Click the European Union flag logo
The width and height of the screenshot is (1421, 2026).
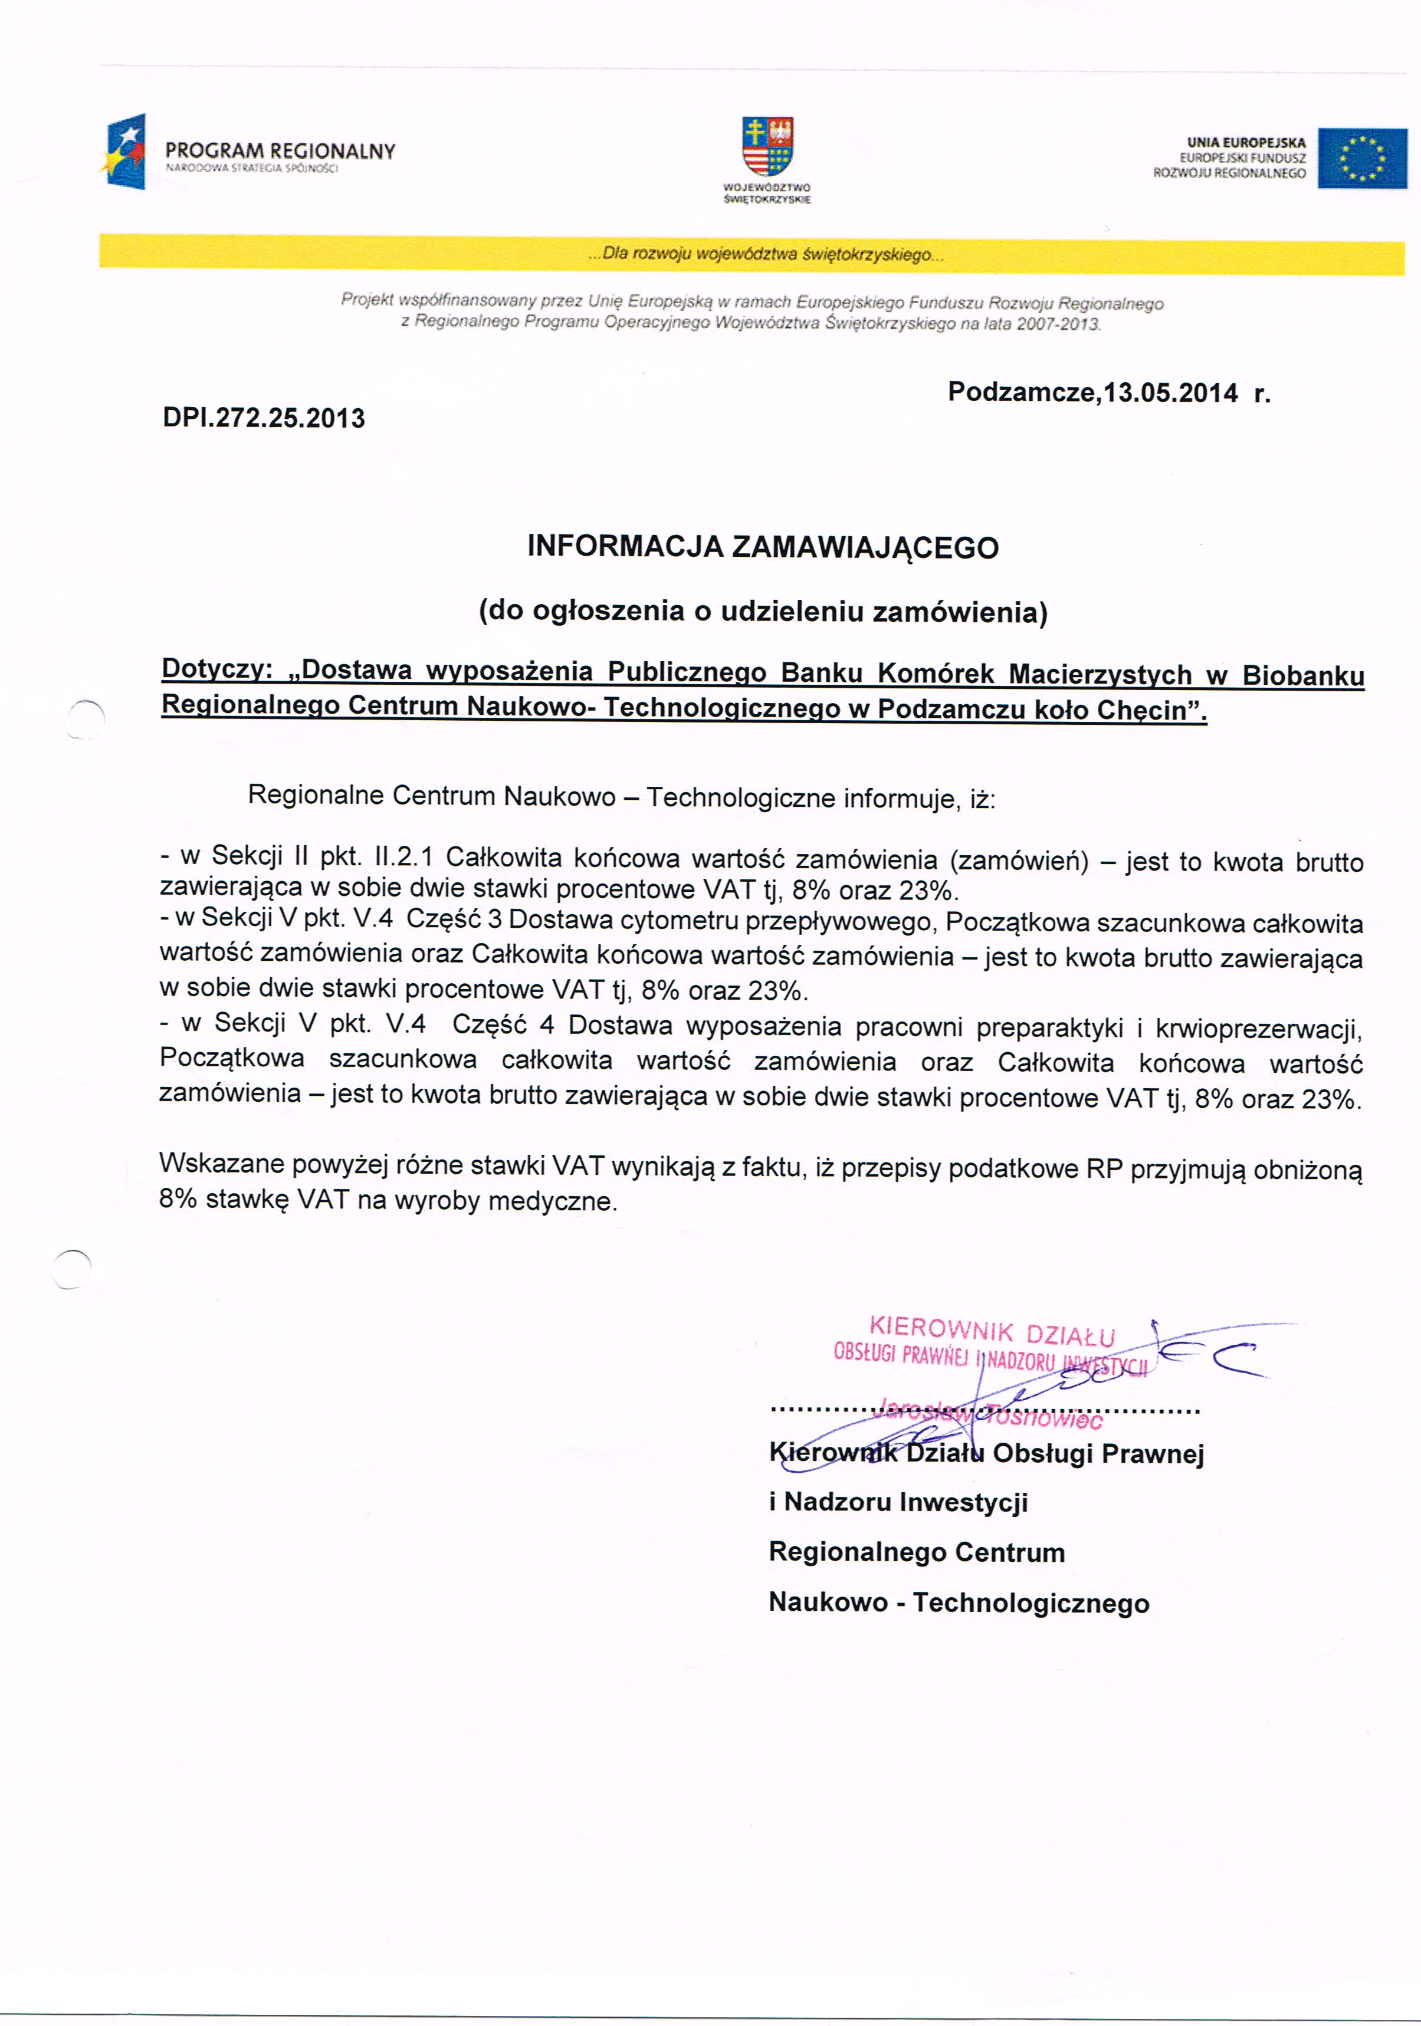1362,158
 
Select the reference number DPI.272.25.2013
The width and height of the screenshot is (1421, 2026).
263,418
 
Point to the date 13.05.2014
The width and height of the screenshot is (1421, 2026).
1170,393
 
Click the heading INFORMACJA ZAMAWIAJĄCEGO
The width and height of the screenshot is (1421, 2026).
763,547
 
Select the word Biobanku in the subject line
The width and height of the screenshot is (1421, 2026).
1302,676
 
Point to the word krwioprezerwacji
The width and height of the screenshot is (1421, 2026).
1258,1029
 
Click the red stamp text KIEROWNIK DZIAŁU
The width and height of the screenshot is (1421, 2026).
992,1332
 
